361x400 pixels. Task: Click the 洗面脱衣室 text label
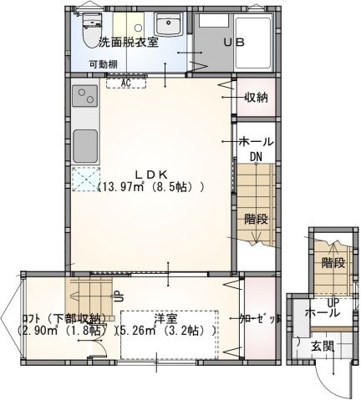point(128,43)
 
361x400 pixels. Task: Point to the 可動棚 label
point(104,63)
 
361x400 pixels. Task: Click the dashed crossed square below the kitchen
point(84,179)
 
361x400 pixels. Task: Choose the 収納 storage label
point(256,98)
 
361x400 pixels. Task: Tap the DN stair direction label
point(256,156)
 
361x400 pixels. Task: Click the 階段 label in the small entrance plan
point(333,262)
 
